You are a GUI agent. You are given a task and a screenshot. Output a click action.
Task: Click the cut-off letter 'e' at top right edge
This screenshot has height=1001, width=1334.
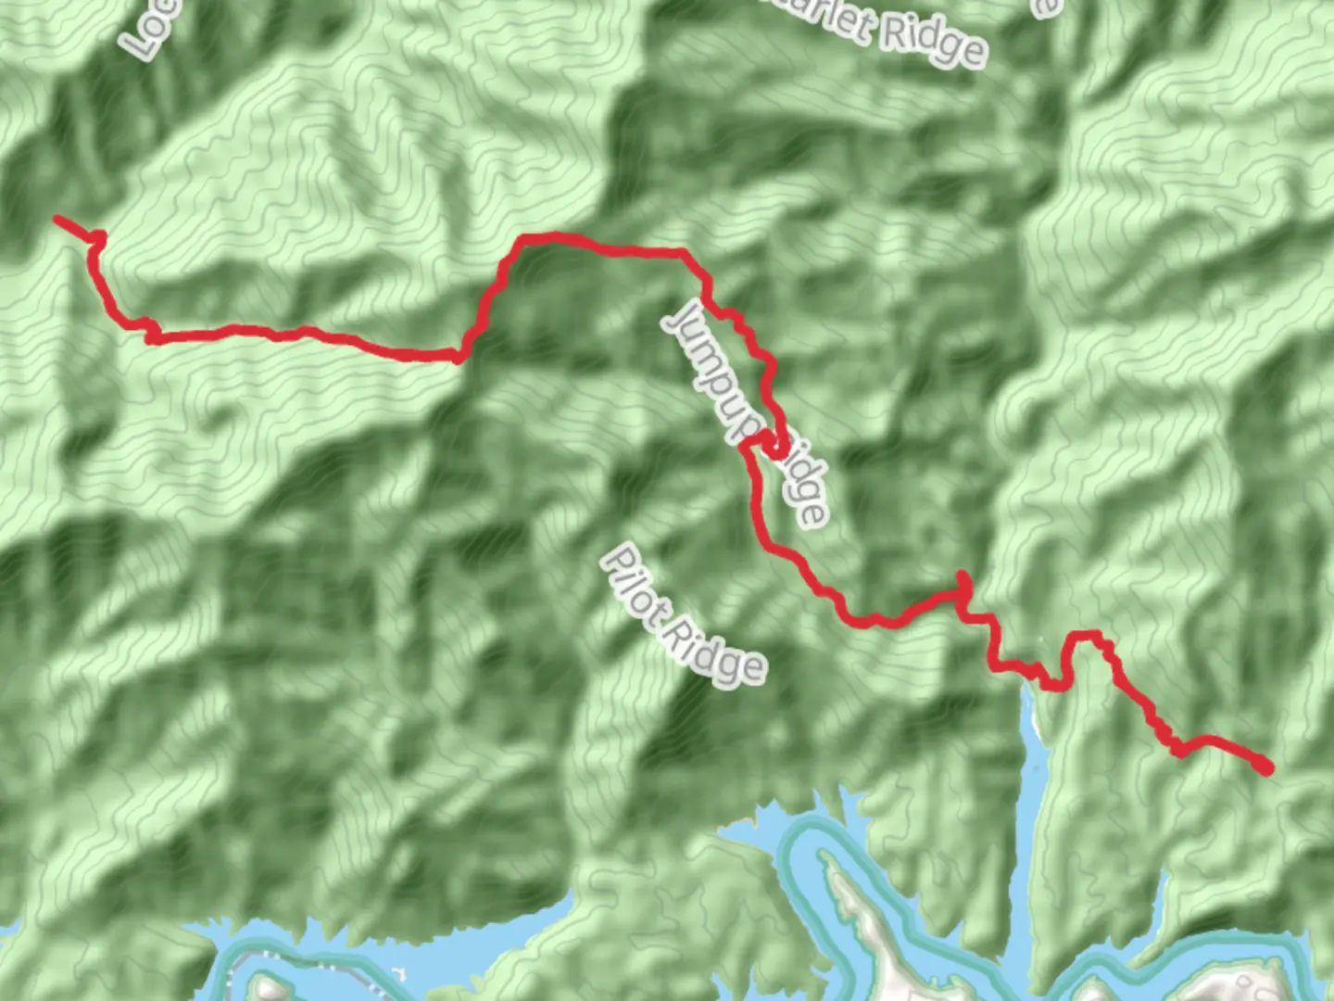coord(1045,7)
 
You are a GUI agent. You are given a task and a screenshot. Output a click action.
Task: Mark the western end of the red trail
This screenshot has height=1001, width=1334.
coord(57,219)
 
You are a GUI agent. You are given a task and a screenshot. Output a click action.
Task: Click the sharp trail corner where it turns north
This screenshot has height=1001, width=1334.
coord(459,357)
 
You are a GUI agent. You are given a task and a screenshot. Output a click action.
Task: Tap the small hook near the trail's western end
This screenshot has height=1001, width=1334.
coord(97,239)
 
